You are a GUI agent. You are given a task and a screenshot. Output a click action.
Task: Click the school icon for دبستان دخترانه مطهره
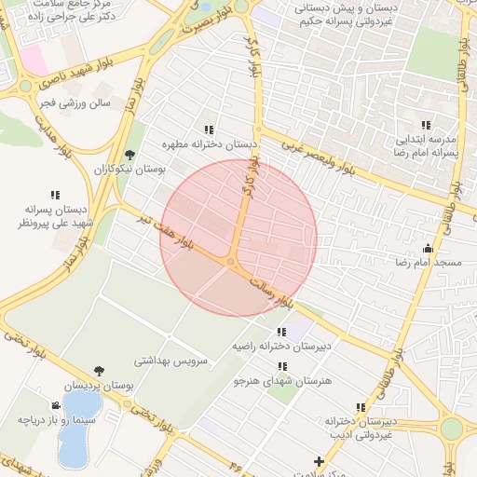(210, 129)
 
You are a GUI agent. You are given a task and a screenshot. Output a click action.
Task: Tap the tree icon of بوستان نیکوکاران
(129, 155)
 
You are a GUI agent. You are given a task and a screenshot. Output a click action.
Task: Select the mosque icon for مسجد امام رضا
(428, 248)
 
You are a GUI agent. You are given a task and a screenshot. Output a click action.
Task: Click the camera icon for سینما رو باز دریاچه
(58, 405)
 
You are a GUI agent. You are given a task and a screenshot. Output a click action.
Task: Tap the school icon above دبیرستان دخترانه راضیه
(280, 331)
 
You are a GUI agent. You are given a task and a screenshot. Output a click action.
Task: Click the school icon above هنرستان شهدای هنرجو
(280, 366)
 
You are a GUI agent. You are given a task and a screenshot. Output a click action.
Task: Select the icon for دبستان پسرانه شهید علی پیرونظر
(55, 195)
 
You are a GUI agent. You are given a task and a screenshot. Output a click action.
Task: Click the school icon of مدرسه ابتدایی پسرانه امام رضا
(426, 125)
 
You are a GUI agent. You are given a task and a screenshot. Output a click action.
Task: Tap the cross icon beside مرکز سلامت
(320, 461)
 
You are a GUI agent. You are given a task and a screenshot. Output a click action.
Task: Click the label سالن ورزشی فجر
(75, 103)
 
